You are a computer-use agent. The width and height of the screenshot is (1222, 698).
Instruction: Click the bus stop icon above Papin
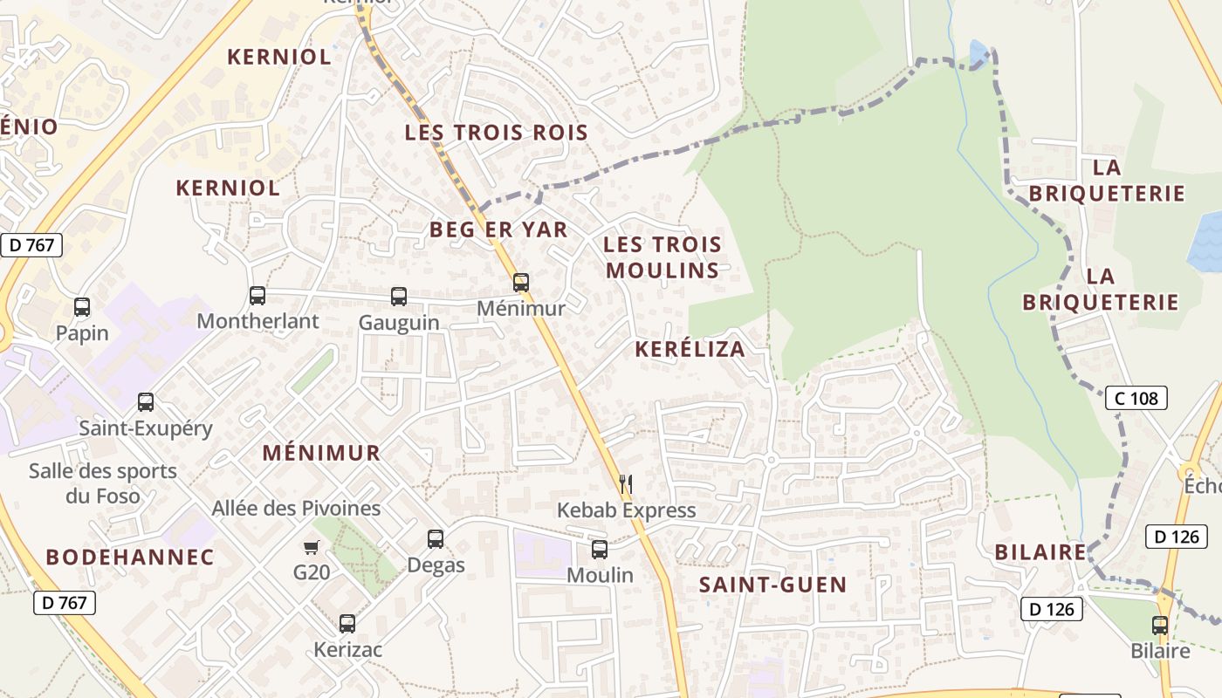(x=82, y=307)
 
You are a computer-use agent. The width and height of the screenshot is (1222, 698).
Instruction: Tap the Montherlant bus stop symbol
(x=257, y=296)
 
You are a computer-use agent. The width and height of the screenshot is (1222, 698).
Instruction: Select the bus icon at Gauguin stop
(x=399, y=297)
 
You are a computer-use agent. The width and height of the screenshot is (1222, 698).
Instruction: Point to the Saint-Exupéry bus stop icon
(x=146, y=402)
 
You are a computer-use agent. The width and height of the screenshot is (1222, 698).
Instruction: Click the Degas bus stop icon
(x=436, y=539)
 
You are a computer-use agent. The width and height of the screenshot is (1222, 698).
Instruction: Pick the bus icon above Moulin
(x=600, y=550)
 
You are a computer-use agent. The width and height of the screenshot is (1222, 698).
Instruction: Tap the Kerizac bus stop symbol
(x=347, y=624)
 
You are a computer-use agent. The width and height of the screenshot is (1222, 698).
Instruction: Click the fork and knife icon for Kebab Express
(x=625, y=484)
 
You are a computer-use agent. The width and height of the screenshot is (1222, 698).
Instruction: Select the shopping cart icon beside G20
(x=312, y=548)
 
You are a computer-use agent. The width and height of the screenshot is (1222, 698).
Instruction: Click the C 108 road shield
(x=1136, y=398)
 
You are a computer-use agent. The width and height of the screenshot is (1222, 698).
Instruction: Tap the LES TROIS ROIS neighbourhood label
(x=496, y=133)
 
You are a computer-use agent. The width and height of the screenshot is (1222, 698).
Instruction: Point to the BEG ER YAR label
(x=498, y=229)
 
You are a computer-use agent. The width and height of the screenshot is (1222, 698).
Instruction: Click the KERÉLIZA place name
(x=690, y=349)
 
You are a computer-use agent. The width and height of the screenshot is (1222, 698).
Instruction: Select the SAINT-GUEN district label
(x=772, y=585)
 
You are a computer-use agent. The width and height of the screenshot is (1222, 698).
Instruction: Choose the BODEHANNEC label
(x=129, y=557)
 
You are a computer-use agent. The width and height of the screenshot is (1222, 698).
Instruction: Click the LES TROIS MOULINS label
(x=662, y=257)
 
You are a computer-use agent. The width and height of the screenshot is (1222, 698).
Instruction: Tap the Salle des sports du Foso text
(x=102, y=483)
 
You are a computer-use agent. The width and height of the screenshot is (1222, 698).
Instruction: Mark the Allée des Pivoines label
(x=296, y=508)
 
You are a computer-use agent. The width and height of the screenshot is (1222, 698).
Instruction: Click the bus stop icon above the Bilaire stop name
(x=1159, y=626)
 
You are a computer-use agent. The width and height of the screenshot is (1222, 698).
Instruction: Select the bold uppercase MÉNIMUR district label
(x=321, y=453)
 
